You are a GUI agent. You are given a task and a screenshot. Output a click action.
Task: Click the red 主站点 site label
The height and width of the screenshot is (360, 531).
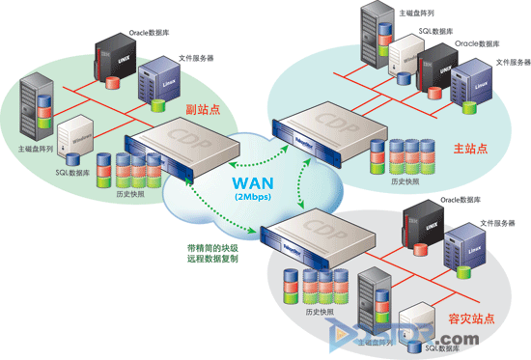[x=470, y=148]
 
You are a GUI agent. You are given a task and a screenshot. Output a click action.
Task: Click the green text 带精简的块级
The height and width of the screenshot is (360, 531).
[x=214, y=247]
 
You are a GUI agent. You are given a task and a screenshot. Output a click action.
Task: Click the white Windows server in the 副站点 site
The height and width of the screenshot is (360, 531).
[x=76, y=135]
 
